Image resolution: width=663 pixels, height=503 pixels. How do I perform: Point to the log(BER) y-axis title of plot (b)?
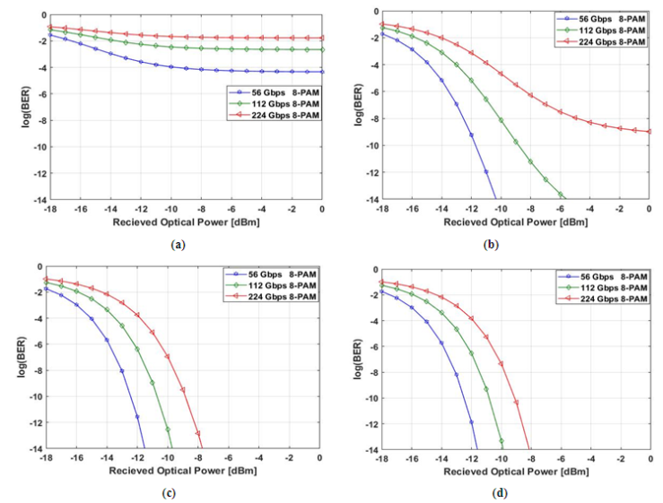(x=360, y=107)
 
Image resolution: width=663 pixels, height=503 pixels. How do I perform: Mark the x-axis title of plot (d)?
(x=514, y=471)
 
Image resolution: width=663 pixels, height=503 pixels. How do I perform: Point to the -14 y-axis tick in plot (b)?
(x=371, y=199)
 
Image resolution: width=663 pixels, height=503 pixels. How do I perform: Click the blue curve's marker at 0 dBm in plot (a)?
(x=322, y=73)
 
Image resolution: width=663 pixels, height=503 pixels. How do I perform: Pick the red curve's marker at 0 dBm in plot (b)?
(x=650, y=132)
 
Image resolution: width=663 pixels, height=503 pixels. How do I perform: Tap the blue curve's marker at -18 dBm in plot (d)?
(x=381, y=291)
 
